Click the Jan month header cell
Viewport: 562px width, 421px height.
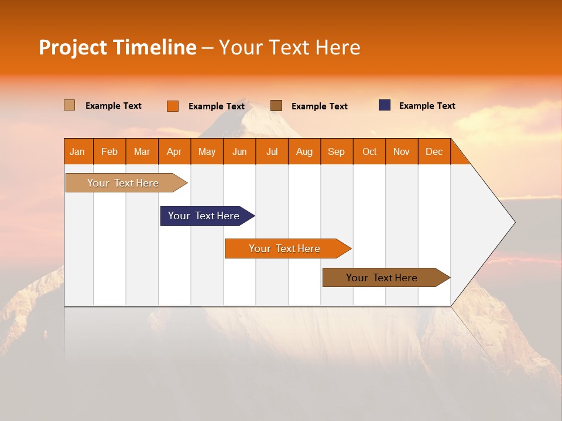tap(78, 151)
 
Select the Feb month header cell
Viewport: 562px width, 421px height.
tap(109, 151)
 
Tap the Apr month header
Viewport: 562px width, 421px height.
tap(174, 151)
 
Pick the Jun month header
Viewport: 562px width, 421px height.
tap(239, 151)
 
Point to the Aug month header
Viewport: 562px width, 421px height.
tap(304, 151)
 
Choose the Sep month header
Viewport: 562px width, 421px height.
tap(337, 151)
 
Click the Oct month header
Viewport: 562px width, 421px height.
tap(369, 151)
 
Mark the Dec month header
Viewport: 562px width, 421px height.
tap(434, 151)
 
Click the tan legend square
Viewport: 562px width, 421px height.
tap(69, 105)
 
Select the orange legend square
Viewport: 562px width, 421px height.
tap(173, 106)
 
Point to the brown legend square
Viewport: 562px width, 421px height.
tap(276, 105)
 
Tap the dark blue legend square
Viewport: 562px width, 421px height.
tap(385, 105)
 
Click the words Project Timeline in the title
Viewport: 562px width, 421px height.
tap(117, 47)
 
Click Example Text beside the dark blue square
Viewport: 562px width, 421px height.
tap(427, 106)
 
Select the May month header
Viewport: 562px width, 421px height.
tap(207, 151)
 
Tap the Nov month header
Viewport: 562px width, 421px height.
tap(402, 151)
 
